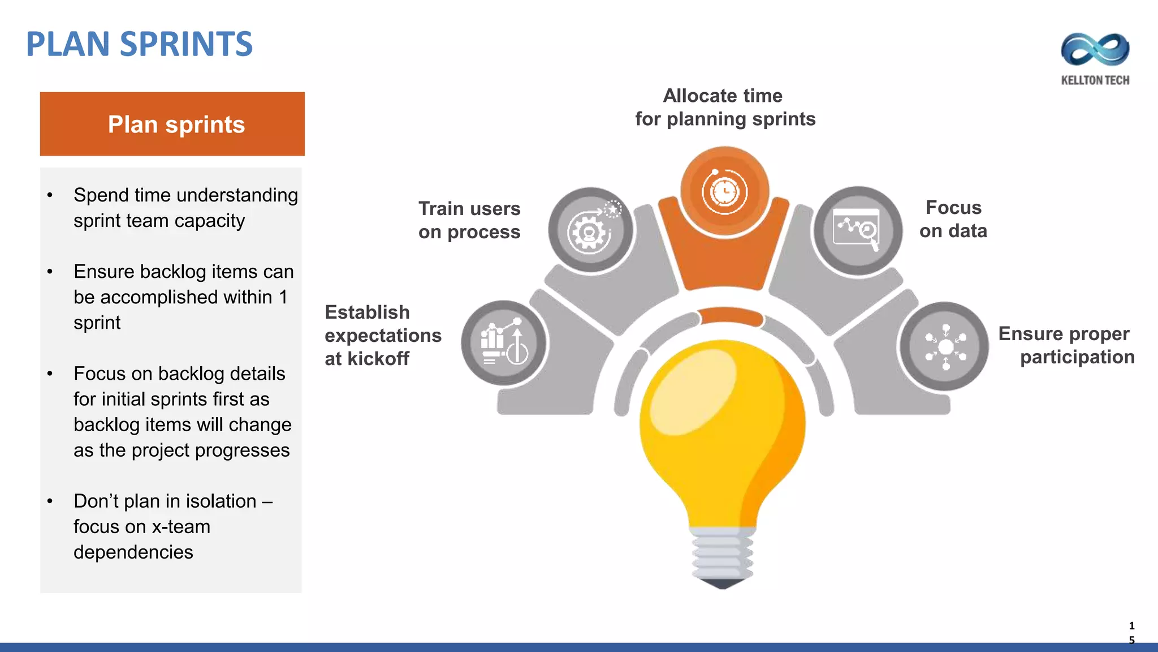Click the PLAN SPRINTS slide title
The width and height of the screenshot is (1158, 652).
point(139,44)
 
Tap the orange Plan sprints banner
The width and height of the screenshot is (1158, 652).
point(172,124)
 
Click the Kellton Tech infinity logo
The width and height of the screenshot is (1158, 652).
point(1095,50)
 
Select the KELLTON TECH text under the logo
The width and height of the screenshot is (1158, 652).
point(1095,80)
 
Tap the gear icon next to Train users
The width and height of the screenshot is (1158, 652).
point(590,230)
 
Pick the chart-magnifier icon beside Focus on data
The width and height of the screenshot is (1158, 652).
point(857,230)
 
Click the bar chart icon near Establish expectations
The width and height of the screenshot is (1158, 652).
point(503,343)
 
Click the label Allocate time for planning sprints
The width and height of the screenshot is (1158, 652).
point(724,108)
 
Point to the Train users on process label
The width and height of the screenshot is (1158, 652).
point(469,220)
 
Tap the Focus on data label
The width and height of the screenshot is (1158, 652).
point(953,219)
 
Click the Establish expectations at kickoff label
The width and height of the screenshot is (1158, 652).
point(382,335)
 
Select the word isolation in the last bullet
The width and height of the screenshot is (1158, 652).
point(221,501)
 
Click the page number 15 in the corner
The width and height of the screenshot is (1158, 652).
point(1131,633)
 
